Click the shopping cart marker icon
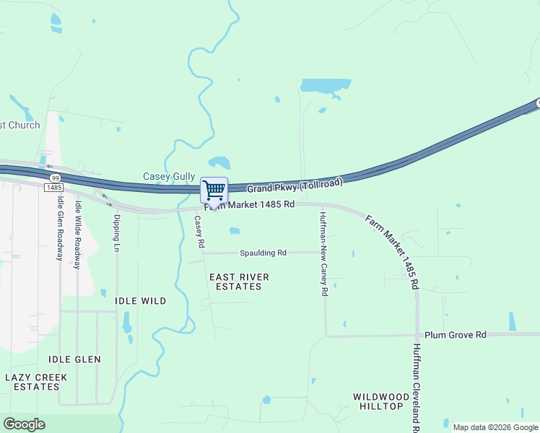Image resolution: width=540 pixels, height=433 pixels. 214,191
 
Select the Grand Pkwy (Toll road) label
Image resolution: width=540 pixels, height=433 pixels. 295,187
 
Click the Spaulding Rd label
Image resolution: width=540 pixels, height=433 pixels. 264,253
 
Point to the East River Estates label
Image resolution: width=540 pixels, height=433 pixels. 239,282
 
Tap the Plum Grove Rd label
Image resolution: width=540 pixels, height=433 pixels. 456,335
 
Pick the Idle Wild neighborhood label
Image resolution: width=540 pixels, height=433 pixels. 141,301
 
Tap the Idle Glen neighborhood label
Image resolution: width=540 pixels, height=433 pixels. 74,359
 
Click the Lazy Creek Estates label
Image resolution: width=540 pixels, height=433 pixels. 36,382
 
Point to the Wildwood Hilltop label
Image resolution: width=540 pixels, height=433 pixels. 378,401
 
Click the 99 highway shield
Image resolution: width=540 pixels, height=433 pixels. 55,177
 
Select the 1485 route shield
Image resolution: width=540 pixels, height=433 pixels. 53,188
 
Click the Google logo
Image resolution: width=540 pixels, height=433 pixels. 24,424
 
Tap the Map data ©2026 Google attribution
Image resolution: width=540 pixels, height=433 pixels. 495,427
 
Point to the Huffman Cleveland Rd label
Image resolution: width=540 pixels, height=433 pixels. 416,386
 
